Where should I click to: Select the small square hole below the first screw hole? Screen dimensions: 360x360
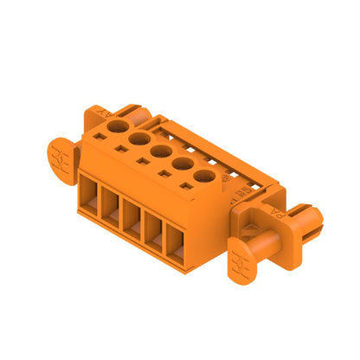coord(109,135)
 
